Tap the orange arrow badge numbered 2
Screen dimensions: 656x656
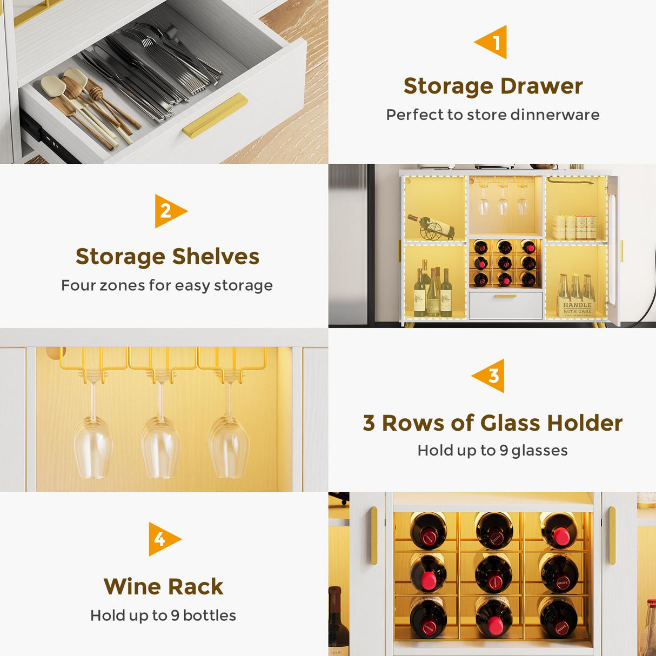click(169, 211)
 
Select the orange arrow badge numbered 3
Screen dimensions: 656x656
click(490, 376)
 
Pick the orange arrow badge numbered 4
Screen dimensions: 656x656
click(163, 539)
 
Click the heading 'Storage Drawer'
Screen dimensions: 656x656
click(493, 86)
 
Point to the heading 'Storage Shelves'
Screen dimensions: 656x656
click(168, 257)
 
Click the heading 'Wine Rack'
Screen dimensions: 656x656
click(163, 586)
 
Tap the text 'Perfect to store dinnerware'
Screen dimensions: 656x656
click(493, 115)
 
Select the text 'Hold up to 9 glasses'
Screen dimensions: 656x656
click(492, 450)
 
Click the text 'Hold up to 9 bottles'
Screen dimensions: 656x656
click(163, 615)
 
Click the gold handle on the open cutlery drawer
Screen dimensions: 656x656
click(215, 115)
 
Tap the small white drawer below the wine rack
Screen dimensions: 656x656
click(505, 305)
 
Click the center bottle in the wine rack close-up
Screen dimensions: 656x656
click(493, 574)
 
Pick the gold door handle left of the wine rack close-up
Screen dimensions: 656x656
click(374, 535)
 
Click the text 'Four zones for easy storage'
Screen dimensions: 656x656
click(167, 285)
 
